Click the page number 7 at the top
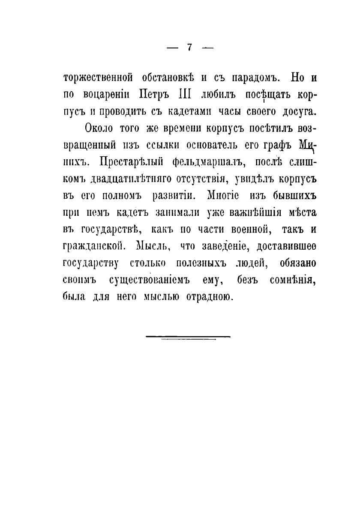coord(189,48)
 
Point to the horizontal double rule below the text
coord(188,337)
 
